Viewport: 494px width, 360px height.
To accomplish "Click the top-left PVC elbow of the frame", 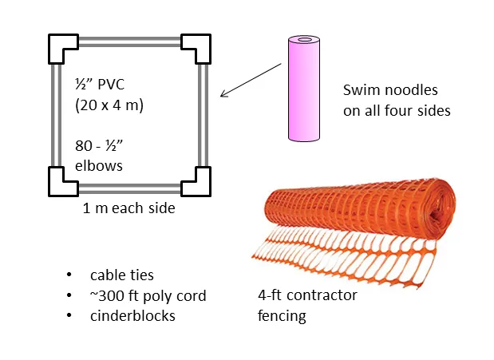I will (x=62, y=47).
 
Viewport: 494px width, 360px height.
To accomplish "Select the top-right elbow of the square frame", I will (x=196, y=47).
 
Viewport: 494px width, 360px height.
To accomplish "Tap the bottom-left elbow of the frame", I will (x=62, y=181).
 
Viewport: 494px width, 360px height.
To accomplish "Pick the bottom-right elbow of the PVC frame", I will (x=196, y=181).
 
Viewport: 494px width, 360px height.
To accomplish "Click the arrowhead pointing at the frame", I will (x=224, y=95).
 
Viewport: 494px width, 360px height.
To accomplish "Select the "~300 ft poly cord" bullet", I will (x=148, y=296).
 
